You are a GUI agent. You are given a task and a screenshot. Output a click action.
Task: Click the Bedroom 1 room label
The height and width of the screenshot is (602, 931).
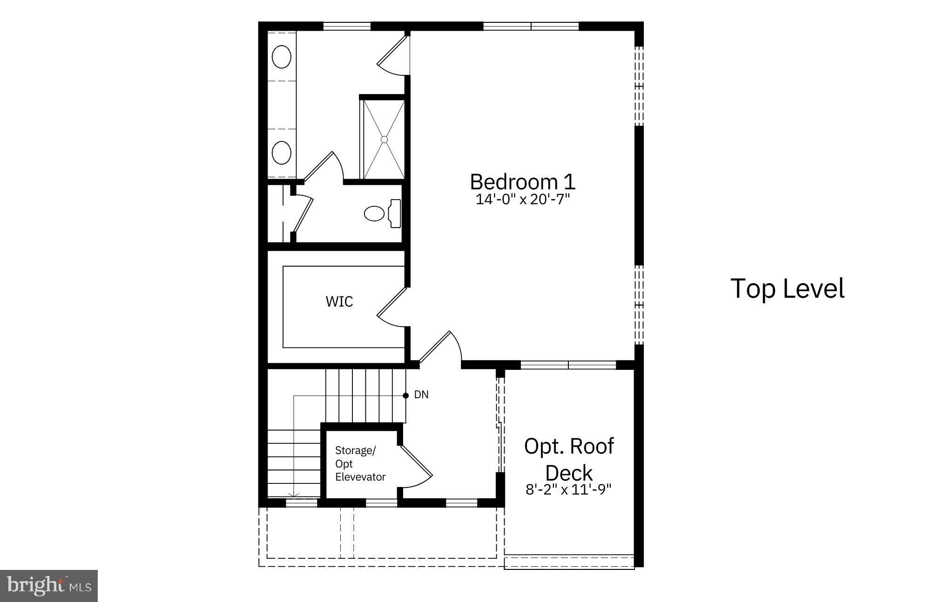coord(522,182)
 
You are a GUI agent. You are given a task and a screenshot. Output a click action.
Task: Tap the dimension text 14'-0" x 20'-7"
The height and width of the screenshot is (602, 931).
coord(522,200)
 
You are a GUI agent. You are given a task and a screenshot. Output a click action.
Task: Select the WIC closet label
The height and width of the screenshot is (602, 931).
coord(339,301)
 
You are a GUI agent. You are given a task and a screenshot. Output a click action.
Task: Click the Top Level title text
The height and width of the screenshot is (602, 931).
coord(787,288)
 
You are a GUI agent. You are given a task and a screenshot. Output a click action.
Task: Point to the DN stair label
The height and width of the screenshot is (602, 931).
coord(421,395)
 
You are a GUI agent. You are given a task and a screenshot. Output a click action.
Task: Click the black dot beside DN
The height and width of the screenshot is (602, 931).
coord(405,395)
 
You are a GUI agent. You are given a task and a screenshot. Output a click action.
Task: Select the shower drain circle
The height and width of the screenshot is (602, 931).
coord(384,139)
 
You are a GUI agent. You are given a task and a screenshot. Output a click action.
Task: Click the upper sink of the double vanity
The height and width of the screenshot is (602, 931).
coord(281,57)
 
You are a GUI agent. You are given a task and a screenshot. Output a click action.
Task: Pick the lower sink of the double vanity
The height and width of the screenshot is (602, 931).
coord(281,153)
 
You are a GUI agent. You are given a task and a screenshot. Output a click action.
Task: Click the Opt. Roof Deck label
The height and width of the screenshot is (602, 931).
coord(569,459)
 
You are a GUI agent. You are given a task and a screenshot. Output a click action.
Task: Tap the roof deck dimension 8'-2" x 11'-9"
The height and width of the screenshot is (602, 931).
coord(568,489)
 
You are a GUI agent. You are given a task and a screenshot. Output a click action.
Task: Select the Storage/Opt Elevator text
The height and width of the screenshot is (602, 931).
coord(360,464)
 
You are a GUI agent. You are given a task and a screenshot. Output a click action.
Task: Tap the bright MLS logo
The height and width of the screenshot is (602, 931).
coord(49,586)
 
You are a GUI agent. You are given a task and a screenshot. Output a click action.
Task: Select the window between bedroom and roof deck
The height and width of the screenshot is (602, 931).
coord(568,365)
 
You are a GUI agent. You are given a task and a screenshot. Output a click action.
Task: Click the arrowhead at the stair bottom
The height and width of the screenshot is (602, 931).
coord(293,495)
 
